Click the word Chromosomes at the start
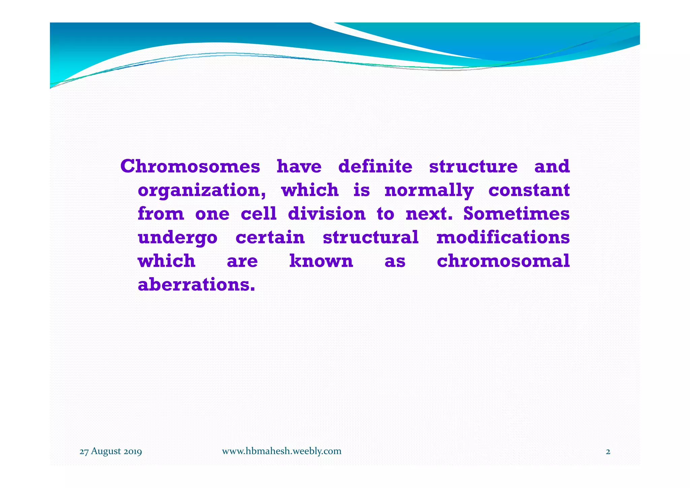(x=190, y=167)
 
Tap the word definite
(x=375, y=167)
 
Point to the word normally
(x=429, y=191)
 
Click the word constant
(x=529, y=190)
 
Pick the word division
(x=326, y=214)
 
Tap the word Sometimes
(x=516, y=214)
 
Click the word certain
(x=270, y=237)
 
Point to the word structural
(x=371, y=237)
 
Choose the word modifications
(x=503, y=237)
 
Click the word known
(x=321, y=261)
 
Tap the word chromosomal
(x=503, y=261)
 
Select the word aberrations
(x=196, y=285)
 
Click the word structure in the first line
(x=473, y=167)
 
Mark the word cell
(x=258, y=214)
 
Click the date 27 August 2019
(x=111, y=451)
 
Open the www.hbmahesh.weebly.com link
(x=281, y=451)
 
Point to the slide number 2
(x=608, y=452)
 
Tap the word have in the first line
(x=299, y=167)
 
